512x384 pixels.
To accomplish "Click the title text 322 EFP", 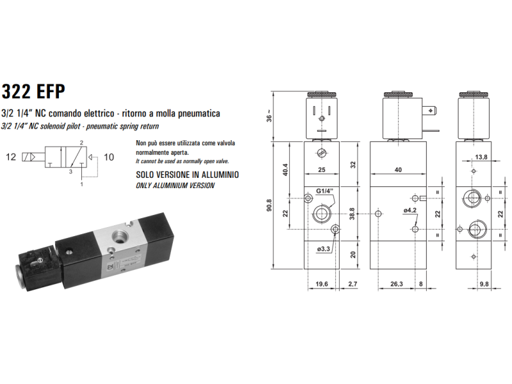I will point(33,92).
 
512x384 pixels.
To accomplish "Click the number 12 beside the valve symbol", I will point(11,156).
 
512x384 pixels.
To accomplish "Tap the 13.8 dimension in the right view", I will point(482,156).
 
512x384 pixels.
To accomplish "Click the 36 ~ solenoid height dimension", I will point(269,117).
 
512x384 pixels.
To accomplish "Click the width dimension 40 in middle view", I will point(398,170).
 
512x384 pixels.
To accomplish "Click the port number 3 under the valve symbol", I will point(72,172).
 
